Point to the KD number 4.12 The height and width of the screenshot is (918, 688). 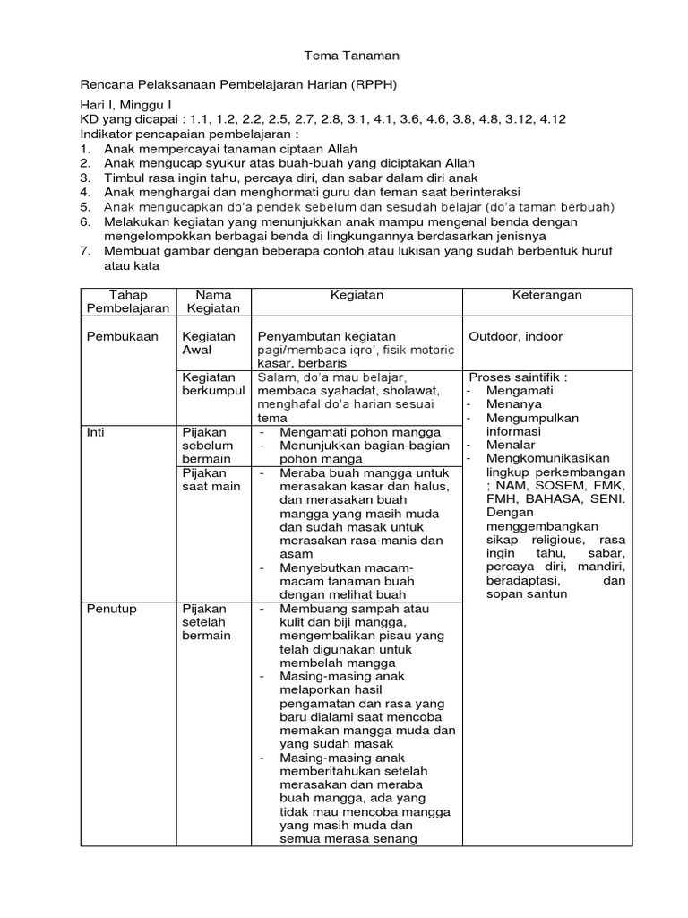tap(551, 118)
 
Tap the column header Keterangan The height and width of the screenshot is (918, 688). tap(546, 295)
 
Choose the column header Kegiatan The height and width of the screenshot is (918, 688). tap(357, 295)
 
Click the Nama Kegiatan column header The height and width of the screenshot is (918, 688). tap(213, 301)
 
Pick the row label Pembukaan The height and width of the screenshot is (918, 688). tap(122, 336)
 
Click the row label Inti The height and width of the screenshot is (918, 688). tap(95, 431)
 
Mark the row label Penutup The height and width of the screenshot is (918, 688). tap(111, 609)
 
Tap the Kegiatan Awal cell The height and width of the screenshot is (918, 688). tap(208, 343)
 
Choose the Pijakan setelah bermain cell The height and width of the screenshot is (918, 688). tap(207, 622)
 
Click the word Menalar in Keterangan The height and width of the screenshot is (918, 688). tap(511, 445)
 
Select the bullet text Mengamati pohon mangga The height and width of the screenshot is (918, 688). tap(359, 431)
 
